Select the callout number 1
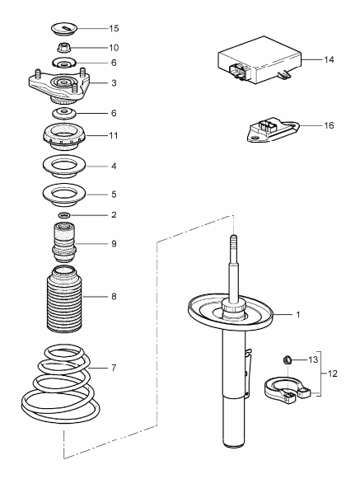(x=299, y=316)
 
